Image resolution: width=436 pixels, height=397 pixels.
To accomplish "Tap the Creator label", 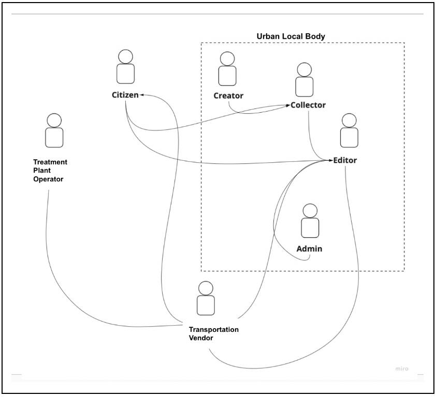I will (228, 96).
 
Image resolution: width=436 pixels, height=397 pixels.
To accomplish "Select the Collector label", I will (308, 105).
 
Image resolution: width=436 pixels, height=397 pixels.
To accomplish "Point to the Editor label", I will (345, 160).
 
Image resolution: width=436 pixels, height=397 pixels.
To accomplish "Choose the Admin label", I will (309, 249).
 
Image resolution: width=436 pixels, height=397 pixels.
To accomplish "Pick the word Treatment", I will (51, 162).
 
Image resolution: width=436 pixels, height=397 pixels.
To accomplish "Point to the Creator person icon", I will (227, 69).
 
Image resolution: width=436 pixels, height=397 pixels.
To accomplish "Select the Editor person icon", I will (348, 131).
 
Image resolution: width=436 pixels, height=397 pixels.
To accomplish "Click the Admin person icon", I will (310, 221).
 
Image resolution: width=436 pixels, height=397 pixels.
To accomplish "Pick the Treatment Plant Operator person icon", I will (54, 131).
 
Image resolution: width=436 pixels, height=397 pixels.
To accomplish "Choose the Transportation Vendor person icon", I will (206, 298).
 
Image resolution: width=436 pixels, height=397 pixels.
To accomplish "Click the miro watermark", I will (401, 369).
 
